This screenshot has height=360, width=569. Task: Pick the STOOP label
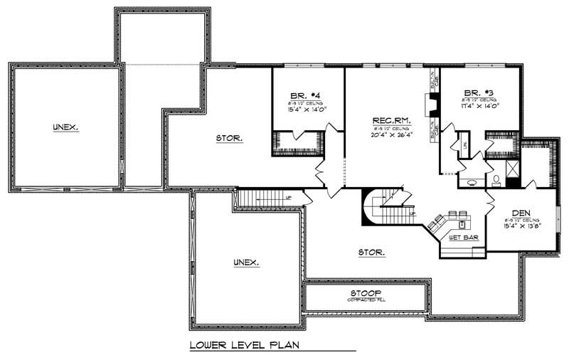366,292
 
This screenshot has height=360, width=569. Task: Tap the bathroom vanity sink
470,182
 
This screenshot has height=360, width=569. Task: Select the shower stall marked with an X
512,169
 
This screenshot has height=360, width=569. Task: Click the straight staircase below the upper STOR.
260,198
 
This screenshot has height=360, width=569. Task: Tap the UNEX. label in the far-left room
65,127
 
